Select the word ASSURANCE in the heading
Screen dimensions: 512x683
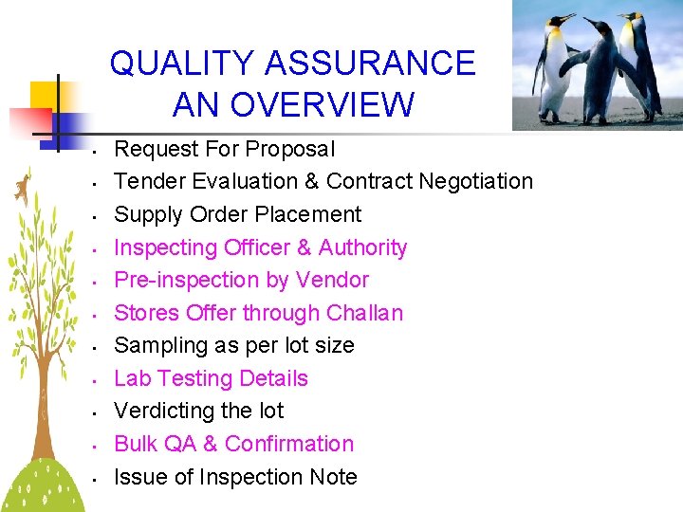click(370, 64)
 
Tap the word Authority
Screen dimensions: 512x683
click(362, 247)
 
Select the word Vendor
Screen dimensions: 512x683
click(332, 280)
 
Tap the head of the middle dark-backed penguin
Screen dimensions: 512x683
click(597, 25)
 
